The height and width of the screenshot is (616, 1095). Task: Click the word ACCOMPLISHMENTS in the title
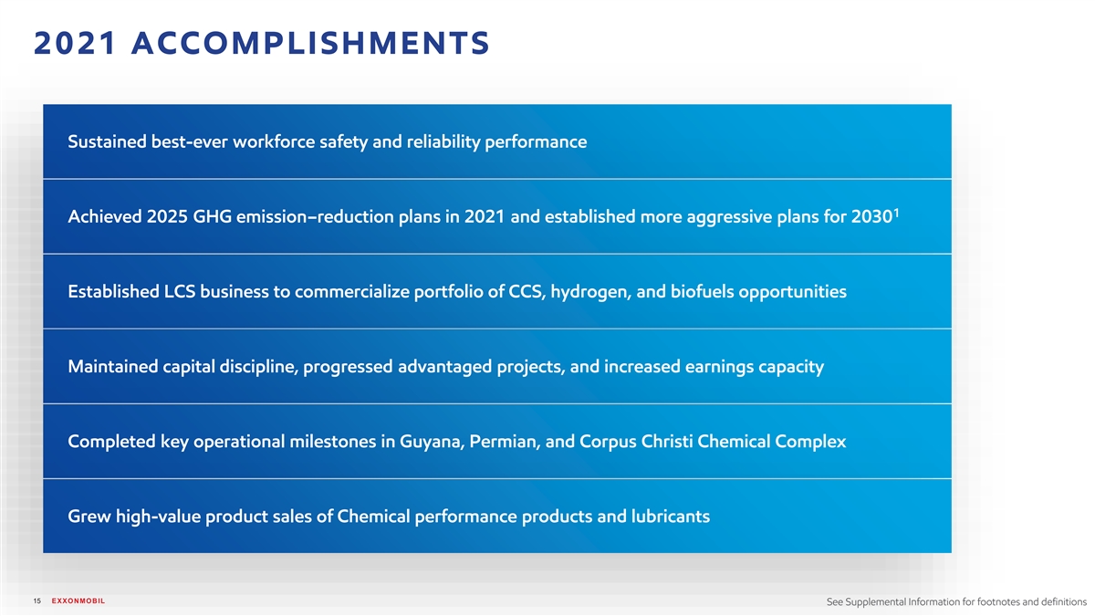(x=310, y=43)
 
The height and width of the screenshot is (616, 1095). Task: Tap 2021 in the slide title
(x=75, y=43)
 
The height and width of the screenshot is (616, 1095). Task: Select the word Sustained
(x=107, y=141)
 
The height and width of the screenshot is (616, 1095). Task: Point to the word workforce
(x=274, y=141)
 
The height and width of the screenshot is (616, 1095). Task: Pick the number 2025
(x=167, y=216)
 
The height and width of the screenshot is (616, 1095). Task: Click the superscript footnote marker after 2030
(x=896, y=213)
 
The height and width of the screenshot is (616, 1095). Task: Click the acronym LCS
(x=180, y=291)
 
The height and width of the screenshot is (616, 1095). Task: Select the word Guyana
(x=432, y=442)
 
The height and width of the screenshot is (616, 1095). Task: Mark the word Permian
(x=505, y=442)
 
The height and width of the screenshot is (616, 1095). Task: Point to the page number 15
(x=37, y=600)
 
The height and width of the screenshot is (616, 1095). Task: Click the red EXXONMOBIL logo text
(x=78, y=600)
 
